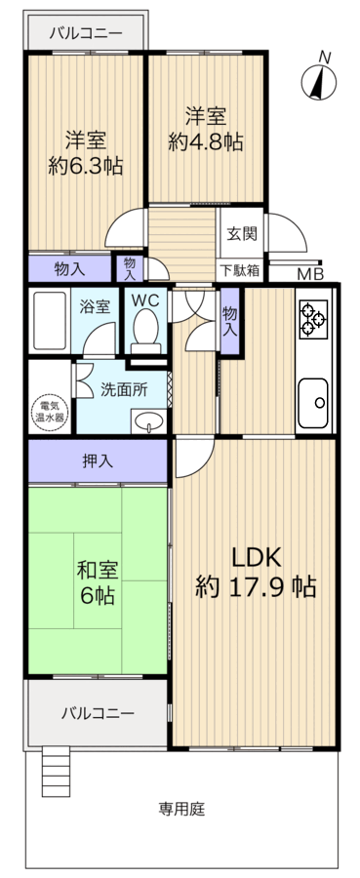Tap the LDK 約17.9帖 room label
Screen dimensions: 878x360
255,572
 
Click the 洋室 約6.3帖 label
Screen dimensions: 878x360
85,152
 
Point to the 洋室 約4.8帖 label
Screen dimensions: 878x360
205,129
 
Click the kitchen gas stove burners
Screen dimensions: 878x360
314,318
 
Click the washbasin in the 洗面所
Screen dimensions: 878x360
147,420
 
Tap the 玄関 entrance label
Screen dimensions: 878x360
242,234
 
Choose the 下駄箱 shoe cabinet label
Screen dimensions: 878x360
239,270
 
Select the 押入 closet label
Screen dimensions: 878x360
97,460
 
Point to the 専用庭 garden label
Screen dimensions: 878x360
181,809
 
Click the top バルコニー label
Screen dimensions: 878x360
86,33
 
